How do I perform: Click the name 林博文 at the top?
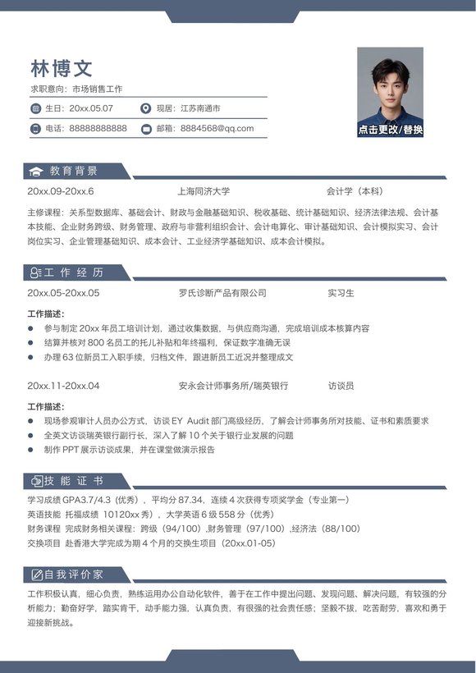pyautogui.click(x=62, y=67)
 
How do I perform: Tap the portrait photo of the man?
pyautogui.click(x=390, y=86)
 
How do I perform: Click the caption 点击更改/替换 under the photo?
pyautogui.click(x=390, y=130)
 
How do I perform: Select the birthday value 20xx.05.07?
pyautogui.click(x=91, y=108)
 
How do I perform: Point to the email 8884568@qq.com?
pyautogui.click(x=217, y=128)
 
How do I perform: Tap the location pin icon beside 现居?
pyautogui.click(x=146, y=108)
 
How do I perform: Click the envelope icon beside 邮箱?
pyautogui.click(x=146, y=128)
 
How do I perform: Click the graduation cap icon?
pyautogui.click(x=35, y=171)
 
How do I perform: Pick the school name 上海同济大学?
pyautogui.click(x=204, y=191)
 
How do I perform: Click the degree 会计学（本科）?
pyautogui.click(x=355, y=191)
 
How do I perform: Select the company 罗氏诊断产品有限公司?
pyautogui.click(x=222, y=293)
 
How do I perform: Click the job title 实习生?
pyautogui.click(x=341, y=293)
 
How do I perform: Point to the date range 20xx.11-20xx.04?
pyautogui.click(x=63, y=386)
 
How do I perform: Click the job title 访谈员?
pyautogui.click(x=341, y=386)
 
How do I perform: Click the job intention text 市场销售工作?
pyautogui.click(x=97, y=89)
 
